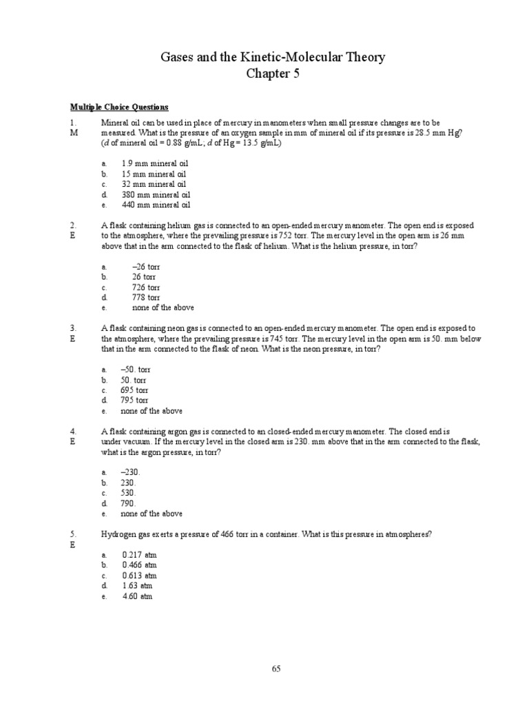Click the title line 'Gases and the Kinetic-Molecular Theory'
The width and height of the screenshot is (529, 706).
(264, 57)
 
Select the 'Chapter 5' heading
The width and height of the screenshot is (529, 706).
(264, 74)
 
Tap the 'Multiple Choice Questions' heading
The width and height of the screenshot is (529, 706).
(119, 108)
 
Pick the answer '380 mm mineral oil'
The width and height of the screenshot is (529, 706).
(155, 194)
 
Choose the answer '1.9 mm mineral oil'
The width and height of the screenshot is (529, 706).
(155, 163)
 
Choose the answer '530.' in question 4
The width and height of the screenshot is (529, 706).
(129, 493)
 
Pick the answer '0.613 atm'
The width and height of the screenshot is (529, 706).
(139, 576)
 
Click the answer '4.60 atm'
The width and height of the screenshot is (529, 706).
(137, 596)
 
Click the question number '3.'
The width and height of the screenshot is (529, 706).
(73, 328)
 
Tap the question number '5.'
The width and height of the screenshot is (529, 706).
(73, 534)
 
